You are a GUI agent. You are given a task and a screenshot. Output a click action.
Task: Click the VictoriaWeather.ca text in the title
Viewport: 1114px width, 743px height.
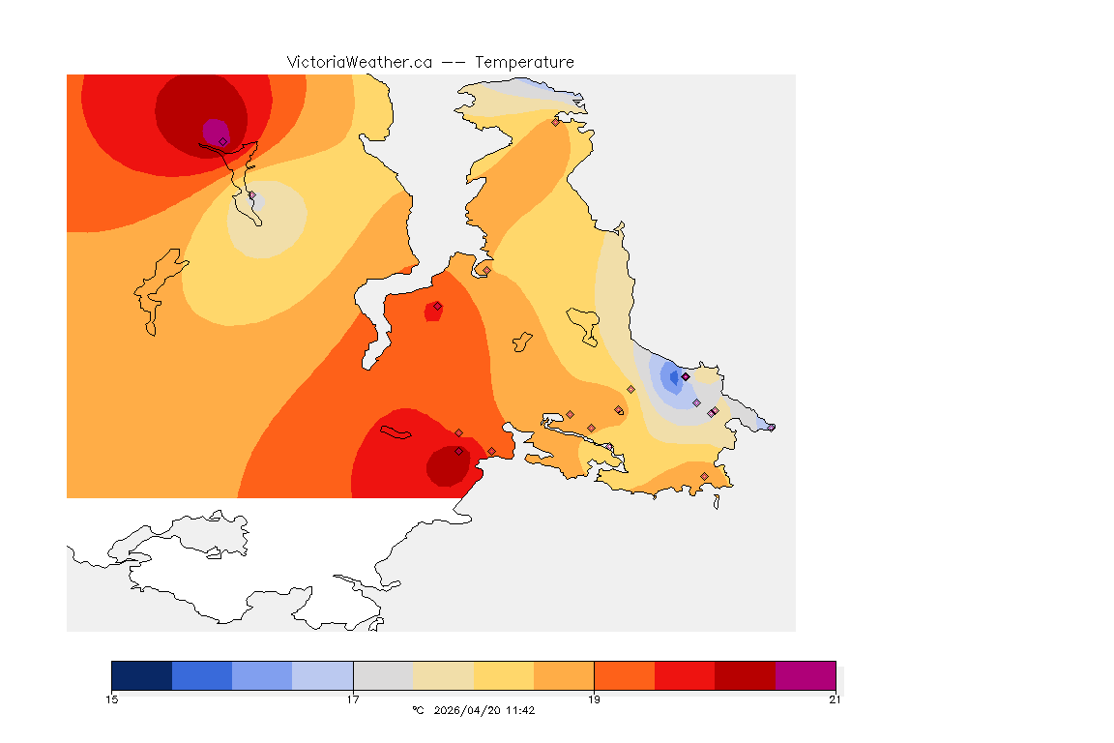click(x=359, y=62)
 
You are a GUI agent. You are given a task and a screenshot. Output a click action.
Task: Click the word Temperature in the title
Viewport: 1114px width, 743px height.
click(x=524, y=62)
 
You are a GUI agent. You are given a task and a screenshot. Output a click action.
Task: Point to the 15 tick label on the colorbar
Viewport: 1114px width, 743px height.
click(x=112, y=699)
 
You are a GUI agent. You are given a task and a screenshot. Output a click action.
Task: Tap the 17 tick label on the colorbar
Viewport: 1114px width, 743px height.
click(x=353, y=699)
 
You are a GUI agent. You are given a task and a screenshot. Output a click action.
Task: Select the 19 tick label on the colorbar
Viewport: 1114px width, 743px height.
click(x=594, y=699)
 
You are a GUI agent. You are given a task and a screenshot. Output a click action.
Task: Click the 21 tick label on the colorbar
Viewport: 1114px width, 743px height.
click(x=835, y=699)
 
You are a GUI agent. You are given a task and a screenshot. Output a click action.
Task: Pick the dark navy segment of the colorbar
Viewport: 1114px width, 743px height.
click(x=142, y=675)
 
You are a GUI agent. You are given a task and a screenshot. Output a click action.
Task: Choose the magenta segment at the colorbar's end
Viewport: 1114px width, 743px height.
click(x=806, y=675)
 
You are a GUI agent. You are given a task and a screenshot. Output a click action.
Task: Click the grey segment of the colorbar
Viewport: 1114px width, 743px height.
click(x=383, y=675)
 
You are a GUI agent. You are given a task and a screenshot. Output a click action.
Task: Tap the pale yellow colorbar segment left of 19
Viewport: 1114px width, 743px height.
click(x=504, y=675)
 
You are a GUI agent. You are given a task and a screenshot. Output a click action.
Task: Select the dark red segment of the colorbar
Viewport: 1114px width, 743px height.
click(x=745, y=675)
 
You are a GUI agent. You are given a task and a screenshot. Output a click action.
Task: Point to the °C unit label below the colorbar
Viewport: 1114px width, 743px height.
click(x=418, y=710)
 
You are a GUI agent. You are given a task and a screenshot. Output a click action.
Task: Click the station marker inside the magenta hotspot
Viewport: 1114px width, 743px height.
click(x=222, y=141)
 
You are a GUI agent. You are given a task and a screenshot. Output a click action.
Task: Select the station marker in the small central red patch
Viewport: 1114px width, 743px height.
click(x=437, y=306)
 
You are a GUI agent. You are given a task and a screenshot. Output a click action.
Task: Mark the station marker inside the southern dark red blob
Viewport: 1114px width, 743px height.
click(x=458, y=451)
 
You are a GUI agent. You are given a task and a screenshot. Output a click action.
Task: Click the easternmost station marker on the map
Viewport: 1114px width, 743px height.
click(x=771, y=427)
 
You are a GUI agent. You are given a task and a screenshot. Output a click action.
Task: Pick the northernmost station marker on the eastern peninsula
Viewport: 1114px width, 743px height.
click(x=555, y=122)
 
